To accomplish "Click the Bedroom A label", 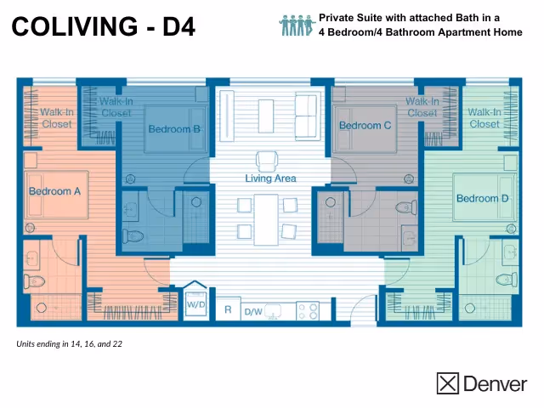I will [x=54, y=191].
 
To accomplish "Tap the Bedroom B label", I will [x=173, y=129].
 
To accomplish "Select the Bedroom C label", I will [x=365, y=126].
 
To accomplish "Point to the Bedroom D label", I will [x=482, y=199].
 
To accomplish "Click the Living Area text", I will [x=270, y=178].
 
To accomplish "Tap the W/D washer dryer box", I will [x=195, y=303].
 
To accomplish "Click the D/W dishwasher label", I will [x=253, y=312].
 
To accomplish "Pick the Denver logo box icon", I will [x=448, y=383].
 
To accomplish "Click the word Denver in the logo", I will [x=495, y=384].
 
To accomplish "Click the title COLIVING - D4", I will [x=104, y=27].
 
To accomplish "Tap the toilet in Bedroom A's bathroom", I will [x=35, y=280].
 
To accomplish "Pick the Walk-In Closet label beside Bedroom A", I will [x=57, y=117].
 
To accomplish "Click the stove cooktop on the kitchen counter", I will [x=307, y=311].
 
